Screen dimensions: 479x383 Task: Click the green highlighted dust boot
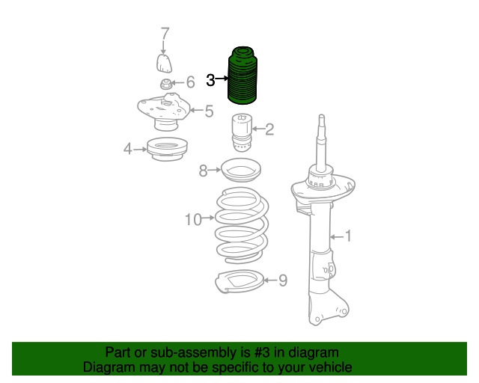[x=242, y=76]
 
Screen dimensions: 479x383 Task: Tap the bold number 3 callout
[x=210, y=80]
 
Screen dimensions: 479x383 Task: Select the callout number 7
[x=165, y=34]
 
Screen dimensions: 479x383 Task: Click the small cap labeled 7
[x=164, y=63]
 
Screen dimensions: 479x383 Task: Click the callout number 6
[x=190, y=82]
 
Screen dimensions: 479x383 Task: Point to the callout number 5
[x=209, y=111]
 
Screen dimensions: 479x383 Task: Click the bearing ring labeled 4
[x=167, y=149]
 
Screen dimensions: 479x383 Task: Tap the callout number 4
[x=128, y=149]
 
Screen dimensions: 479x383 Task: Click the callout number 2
[x=269, y=129]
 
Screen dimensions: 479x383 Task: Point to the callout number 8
[x=203, y=171]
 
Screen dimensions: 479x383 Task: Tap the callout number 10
[x=193, y=219]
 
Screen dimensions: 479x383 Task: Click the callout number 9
[x=283, y=281]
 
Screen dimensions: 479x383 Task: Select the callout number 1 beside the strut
[x=348, y=236]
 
